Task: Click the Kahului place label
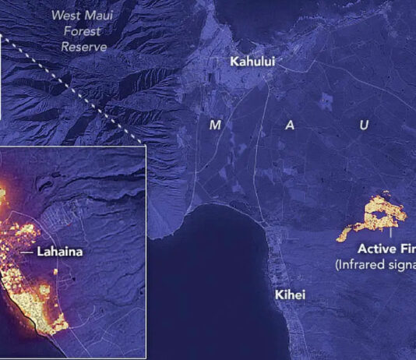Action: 252,61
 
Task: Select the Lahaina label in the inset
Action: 62,252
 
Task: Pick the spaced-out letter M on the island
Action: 215,125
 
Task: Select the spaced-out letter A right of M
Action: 289,125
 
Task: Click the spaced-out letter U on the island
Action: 364,125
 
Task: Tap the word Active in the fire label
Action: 376,249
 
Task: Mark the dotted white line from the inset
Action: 70,86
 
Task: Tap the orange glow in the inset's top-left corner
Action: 4,191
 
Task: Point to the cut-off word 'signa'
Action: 403,264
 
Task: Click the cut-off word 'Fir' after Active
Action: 407,249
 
